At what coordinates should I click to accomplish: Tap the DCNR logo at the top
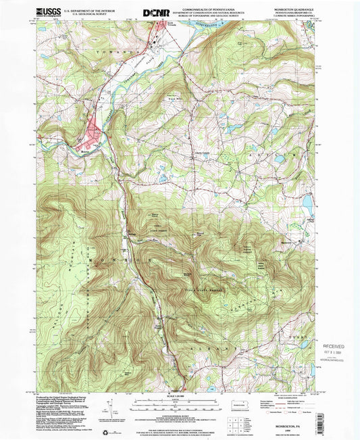coord(156,12)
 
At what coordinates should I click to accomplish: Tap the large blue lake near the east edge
coord(307,201)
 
